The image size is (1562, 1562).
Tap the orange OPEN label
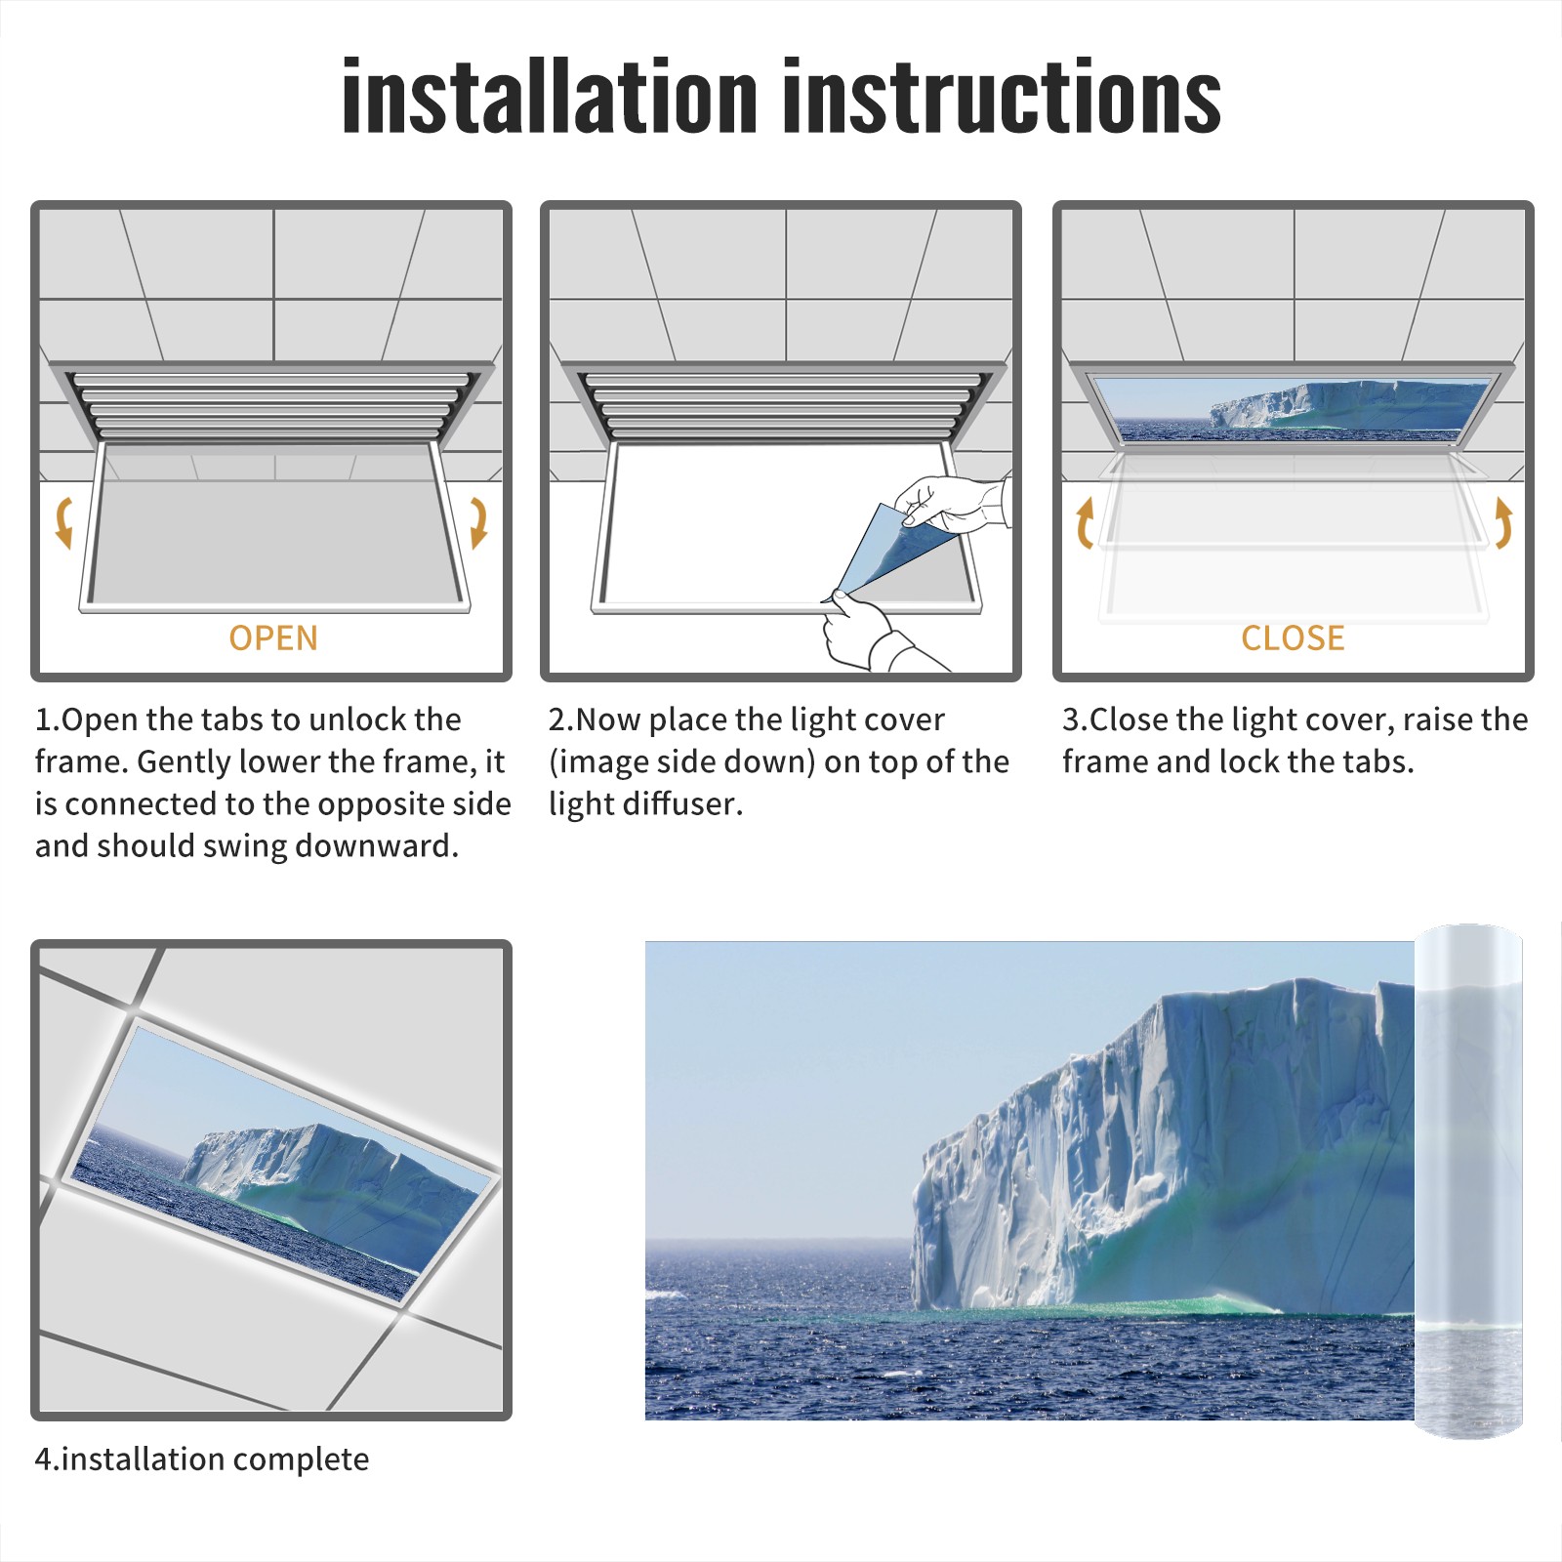pyautogui.click(x=273, y=637)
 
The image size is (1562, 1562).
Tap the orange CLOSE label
pyautogui.click(x=1293, y=637)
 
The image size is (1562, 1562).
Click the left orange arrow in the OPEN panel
pyautogui.click(x=63, y=522)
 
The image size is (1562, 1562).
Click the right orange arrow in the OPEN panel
pyautogui.click(x=478, y=522)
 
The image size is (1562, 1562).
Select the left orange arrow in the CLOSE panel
pyautogui.click(x=1085, y=522)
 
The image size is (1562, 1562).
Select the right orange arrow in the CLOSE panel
pyautogui.click(x=1503, y=522)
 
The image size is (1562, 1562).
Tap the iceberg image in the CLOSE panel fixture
pyautogui.click(x=1295, y=408)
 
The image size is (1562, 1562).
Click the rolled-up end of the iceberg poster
pyautogui.click(x=1468, y=1181)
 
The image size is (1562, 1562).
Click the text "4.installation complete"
pyautogui.click(x=202, y=1459)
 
